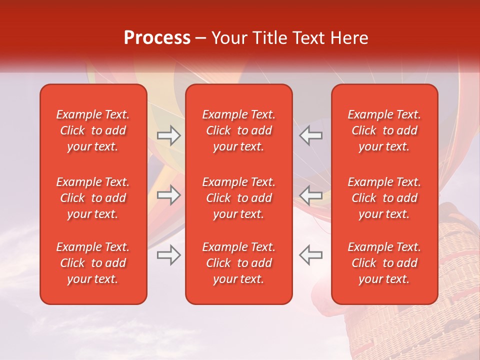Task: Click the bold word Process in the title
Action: [157, 38]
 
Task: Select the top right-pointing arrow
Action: [169, 135]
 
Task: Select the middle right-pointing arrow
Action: [169, 195]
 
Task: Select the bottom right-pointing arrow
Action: [169, 255]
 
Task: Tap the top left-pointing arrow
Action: [311, 135]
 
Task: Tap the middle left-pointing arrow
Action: [311, 195]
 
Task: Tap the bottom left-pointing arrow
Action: [311, 255]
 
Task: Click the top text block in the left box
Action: [93, 130]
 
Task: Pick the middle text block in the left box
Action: [93, 198]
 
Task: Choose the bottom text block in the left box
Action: [93, 263]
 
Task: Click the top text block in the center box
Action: [239, 130]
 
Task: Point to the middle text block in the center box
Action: [239, 198]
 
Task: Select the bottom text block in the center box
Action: [239, 263]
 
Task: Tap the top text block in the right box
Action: [384, 130]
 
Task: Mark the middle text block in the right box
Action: [384, 198]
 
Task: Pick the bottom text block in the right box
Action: [384, 263]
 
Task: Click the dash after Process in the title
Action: [201, 38]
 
